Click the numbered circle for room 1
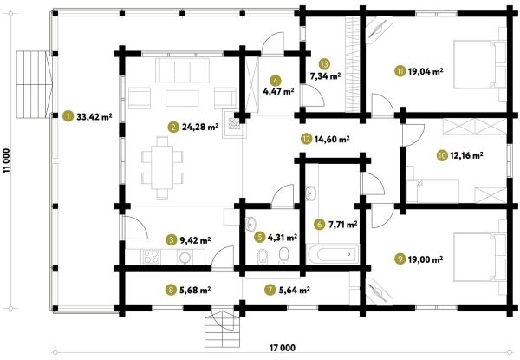coord(68,116)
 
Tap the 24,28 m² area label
coord(200,127)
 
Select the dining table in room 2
coord(162,167)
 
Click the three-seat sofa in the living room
coord(182,70)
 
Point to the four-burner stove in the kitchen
coord(151,257)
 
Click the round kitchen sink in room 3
coord(185,257)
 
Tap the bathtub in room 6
coord(333,254)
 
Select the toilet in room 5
coord(284,256)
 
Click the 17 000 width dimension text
coord(282,348)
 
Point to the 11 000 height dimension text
coord(7,160)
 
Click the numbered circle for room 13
coord(324,64)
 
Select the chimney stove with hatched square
coord(234,124)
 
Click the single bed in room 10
coord(433,191)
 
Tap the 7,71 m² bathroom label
coord(342,225)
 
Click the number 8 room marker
coord(171,290)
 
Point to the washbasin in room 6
coord(311,193)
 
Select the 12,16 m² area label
coord(466,155)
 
